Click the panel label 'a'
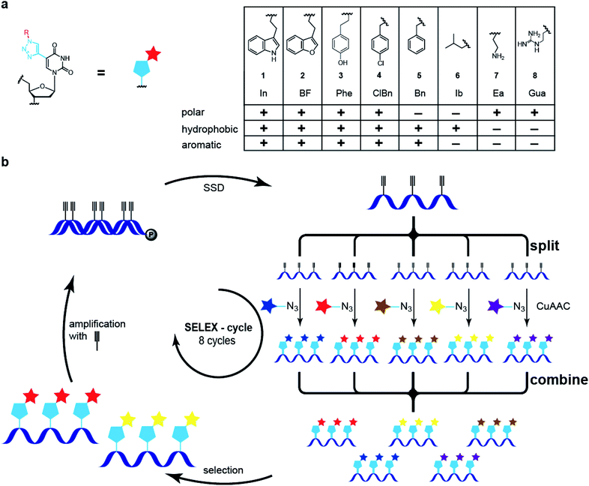[6, 7]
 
